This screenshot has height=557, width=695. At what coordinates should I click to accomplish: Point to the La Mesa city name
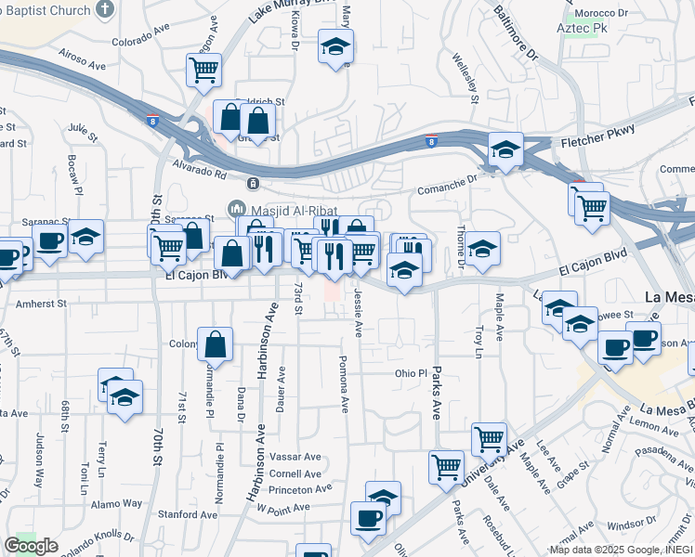point(670,298)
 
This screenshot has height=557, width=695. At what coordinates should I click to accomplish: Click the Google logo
point(31,546)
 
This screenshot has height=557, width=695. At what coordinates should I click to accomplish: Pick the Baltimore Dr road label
point(517,34)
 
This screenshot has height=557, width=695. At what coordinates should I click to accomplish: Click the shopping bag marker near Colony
point(216,344)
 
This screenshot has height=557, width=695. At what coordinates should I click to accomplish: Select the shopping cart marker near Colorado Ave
point(203,69)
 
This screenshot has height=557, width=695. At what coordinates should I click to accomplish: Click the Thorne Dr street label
point(461,248)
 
